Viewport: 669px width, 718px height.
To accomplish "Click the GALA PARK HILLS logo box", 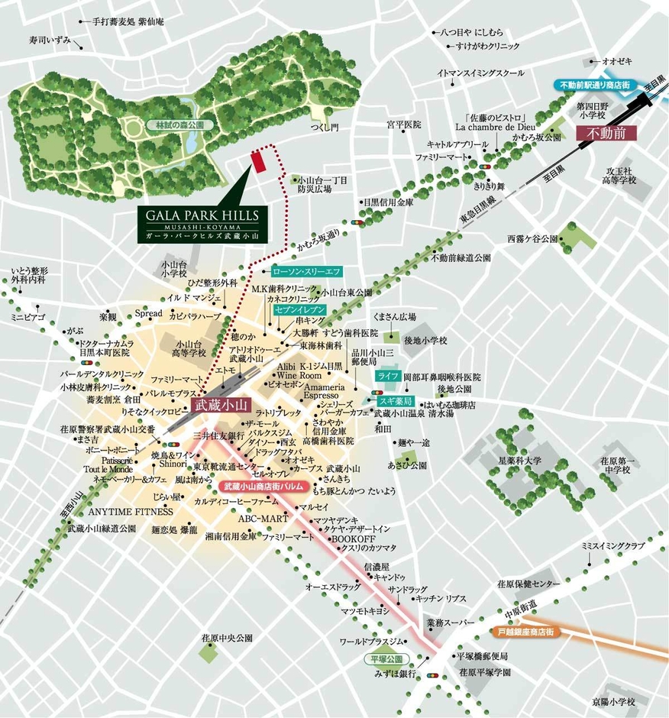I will tap(204, 222).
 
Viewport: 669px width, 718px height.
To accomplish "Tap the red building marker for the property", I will tap(257, 162).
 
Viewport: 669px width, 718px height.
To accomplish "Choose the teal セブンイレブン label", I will tap(299, 310).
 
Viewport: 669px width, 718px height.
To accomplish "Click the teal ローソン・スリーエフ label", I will tap(307, 271).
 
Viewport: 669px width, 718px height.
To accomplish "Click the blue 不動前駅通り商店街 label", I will tap(594, 85).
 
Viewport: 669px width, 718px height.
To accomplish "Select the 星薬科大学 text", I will tap(519, 461).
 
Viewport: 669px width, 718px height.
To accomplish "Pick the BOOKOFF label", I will tap(351, 538).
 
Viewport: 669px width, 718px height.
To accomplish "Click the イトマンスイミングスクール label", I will tap(481, 73).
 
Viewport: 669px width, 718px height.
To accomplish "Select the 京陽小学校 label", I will tap(614, 702).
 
